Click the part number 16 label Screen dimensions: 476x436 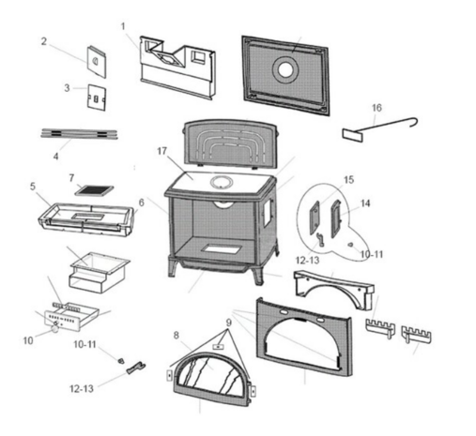point(376,108)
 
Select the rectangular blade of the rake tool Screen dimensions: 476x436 point(352,135)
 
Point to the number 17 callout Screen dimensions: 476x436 point(161,151)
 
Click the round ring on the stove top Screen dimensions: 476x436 point(222,182)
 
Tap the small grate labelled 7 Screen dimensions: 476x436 point(94,190)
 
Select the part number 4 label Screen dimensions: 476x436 point(55,157)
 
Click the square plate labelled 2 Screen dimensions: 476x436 point(97,62)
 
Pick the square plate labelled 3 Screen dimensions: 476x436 point(97,98)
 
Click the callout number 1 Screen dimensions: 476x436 point(123,26)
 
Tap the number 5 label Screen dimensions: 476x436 point(33,187)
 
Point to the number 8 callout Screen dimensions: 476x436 point(177,336)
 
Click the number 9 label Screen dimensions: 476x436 point(229,323)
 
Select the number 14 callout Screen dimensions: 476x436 point(365,203)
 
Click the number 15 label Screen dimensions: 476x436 point(348,180)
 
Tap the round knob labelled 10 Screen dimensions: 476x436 point(54,329)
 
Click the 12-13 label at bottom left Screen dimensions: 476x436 point(82,389)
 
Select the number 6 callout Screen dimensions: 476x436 point(142,203)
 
